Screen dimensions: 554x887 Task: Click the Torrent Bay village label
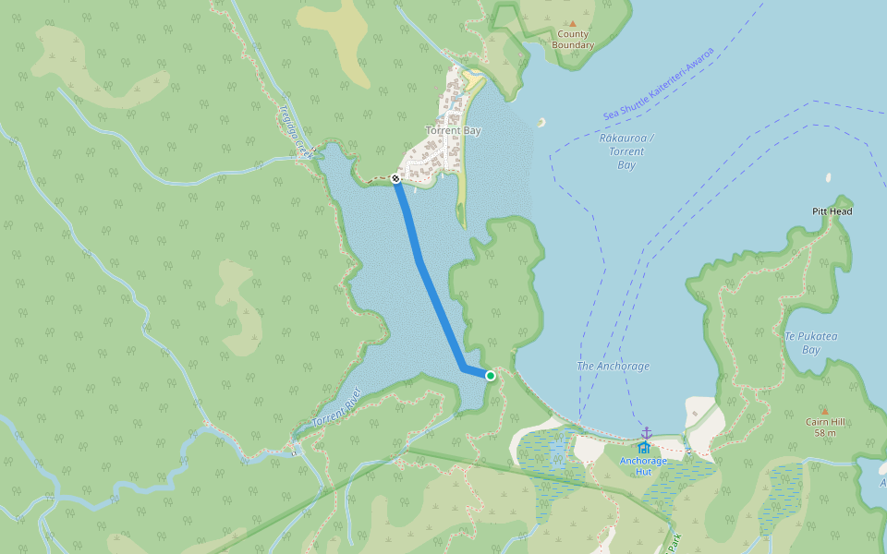point(453,131)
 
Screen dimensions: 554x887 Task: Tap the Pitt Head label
point(832,211)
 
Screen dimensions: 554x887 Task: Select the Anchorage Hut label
point(642,465)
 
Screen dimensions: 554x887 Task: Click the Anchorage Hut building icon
point(644,447)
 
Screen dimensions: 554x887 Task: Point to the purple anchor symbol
point(647,432)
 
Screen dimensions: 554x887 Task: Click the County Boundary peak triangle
point(572,24)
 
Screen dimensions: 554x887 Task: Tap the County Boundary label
point(573,40)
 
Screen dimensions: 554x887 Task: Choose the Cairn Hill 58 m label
point(825,428)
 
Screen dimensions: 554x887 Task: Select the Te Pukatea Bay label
point(810,343)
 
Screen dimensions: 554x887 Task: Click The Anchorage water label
point(613,367)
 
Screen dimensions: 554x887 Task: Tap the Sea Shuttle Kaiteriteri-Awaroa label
point(659,84)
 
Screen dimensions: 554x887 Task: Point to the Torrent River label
point(334,407)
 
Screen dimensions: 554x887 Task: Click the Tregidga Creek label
point(293,128)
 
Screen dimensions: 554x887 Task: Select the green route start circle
point(491,376)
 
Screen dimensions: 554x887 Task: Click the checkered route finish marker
point(395,178)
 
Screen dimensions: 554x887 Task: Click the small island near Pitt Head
point(829,177)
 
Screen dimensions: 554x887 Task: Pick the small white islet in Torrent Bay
point(541,122)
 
